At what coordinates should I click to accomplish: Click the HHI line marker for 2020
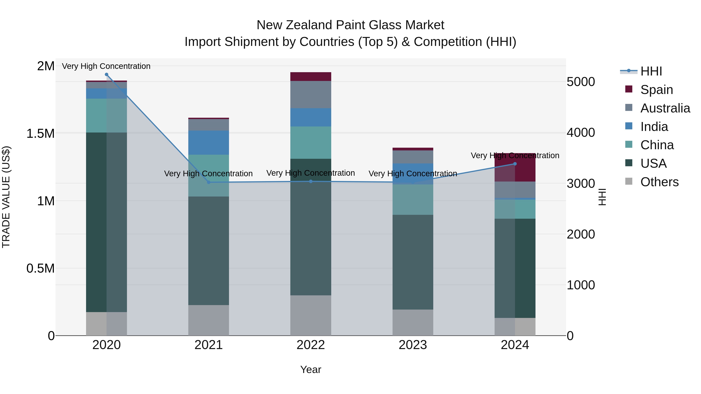click(x=106, y=75)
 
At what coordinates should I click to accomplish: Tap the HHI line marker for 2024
click(x=515, y=164)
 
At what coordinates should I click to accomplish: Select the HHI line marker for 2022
click(x=311, y=181)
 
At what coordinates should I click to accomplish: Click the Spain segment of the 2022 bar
click(x=311, y=77)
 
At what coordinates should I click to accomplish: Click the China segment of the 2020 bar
click(x=106, y=116)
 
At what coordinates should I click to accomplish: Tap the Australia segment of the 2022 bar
click(x=311, y=95)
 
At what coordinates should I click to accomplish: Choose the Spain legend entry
click(x=656, y=90)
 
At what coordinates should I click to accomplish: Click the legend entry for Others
click(x=659, y=182)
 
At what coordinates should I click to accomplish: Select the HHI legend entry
click(x=651, y=71)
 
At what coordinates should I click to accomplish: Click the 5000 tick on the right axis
click(x=580, y=82)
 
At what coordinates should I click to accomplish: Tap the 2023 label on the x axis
click(x=413, y=345)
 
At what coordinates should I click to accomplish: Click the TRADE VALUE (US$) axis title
click(x=6, y=197)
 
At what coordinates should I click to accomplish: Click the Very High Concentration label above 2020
click(x=106, y=66)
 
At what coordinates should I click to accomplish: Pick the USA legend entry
click(x=653, y=163)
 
